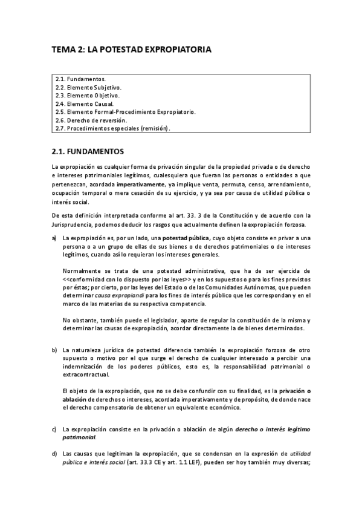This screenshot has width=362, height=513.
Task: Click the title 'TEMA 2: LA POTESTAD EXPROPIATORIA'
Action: (131, 51)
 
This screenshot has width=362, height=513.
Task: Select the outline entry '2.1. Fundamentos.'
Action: (80, 79)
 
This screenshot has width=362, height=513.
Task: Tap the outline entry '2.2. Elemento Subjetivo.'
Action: (88, 87)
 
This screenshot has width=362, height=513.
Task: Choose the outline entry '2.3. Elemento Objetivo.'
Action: (87, 96)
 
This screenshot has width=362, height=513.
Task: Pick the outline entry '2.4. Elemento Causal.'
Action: (84, 103)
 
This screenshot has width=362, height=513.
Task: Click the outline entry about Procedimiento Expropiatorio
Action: (125, 112)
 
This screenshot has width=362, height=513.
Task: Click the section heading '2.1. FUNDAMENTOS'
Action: (88, 149)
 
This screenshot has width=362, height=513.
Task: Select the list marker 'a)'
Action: (55, 239)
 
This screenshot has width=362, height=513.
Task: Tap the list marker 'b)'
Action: (55, 350)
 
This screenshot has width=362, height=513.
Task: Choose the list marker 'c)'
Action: (55, 429)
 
